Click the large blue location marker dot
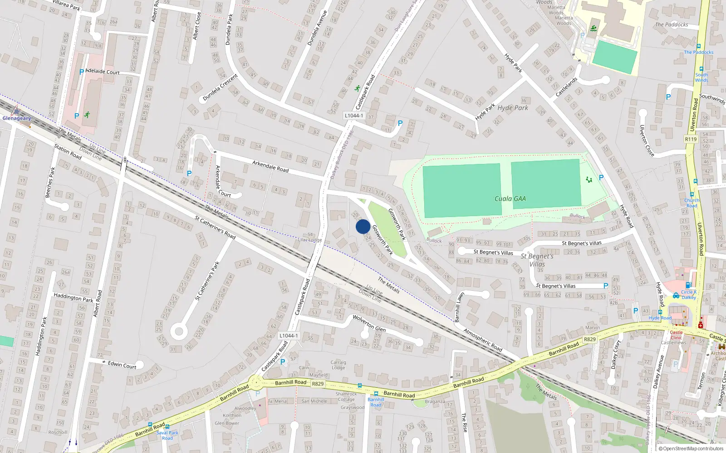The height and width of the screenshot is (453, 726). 363,226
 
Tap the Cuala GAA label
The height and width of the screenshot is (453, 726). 510,198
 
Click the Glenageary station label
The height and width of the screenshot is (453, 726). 17,118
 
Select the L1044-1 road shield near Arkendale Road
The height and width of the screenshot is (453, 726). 353,116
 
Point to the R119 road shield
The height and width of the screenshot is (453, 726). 691,139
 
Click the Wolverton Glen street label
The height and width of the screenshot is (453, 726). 369,323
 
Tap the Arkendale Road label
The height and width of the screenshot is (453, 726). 270,166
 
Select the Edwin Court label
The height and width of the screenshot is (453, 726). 122,365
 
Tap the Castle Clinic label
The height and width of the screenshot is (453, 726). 676,335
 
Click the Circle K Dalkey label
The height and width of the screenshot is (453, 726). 688,294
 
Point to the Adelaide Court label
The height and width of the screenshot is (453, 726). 103,72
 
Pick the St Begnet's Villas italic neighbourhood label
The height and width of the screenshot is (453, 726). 537,260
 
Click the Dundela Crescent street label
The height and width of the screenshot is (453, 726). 220,87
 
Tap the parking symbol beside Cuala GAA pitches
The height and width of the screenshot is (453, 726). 601,178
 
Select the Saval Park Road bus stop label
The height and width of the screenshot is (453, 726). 167,435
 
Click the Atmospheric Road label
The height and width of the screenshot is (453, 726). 483,340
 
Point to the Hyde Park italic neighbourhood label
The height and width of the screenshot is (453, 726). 513,108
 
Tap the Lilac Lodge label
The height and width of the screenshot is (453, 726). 310,240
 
